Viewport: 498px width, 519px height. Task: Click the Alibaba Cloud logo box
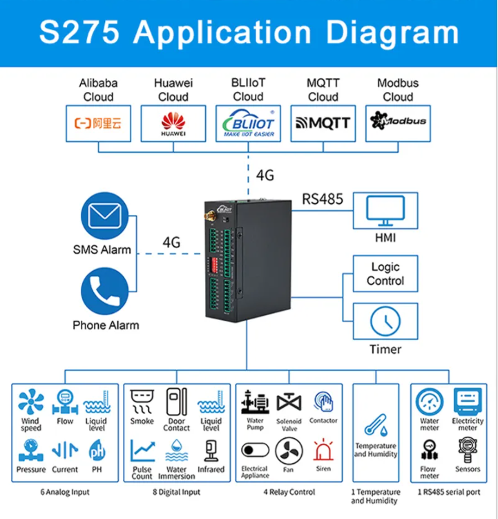point(97,124)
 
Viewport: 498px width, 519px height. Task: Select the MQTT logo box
point(323,124)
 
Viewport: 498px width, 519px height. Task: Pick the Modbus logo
point(398,122)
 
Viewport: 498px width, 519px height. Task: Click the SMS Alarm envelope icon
point(105,216)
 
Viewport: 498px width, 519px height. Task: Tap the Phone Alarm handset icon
point(105,291)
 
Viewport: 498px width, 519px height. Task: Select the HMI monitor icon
point(385,211)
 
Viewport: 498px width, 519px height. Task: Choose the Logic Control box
point(385,274)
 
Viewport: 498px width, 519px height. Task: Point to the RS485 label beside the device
point(322,200)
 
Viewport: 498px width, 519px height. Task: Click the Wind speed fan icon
point(30,402)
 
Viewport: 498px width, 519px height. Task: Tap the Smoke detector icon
point(142,400)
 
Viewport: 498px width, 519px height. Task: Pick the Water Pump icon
point(255,402)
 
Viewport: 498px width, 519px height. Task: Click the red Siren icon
point(323,451)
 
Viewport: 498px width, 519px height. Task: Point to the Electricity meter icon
point(468,402)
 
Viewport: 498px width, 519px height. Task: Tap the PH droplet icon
point(97,451)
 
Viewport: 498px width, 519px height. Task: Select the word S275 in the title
point(79,32)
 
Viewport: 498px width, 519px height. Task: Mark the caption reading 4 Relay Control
point(289,493)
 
